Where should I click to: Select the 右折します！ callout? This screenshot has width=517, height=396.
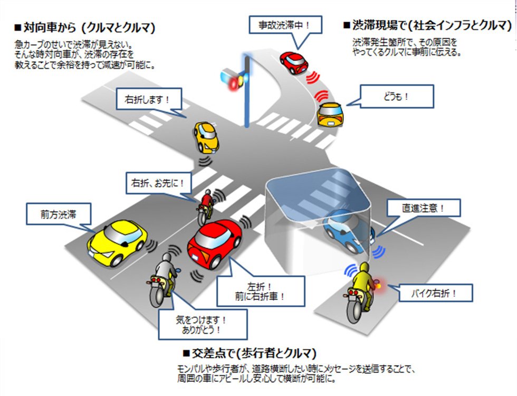tap(147, 99)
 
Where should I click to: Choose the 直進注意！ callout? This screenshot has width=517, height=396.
tap(423, 209)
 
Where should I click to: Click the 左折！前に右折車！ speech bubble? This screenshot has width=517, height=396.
tap(260, 290)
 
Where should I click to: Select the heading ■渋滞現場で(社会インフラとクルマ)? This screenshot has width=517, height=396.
tap(428, 25)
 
